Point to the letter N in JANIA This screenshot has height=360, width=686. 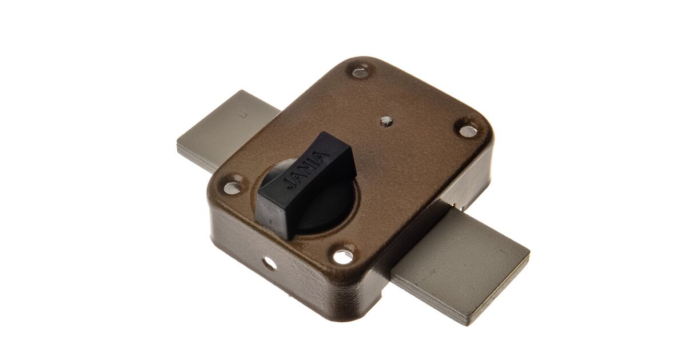pyautogui.click(x=306, y=170)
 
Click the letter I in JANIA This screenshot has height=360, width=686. pyautogui.click(x=315, y=163)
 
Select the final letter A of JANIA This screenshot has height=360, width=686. pyautogui.click(x=322, y=157)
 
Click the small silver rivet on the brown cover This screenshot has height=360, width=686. pyautogui.click(x=386, y=121)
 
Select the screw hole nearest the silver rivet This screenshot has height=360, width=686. pyautogui.click(x=469, y=131)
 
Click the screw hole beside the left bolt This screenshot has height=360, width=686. pyautogui.click(x=232, y=188)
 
